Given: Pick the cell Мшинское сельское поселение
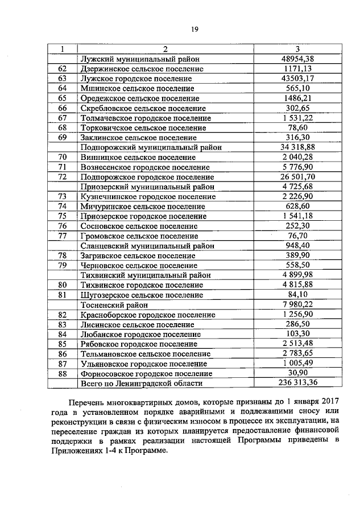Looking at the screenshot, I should pos(137,88).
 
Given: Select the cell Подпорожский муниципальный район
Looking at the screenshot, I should pos(147,147).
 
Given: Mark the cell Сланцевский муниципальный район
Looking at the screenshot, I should pos(147,246).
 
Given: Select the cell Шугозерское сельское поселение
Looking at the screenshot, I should pos(142,295).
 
